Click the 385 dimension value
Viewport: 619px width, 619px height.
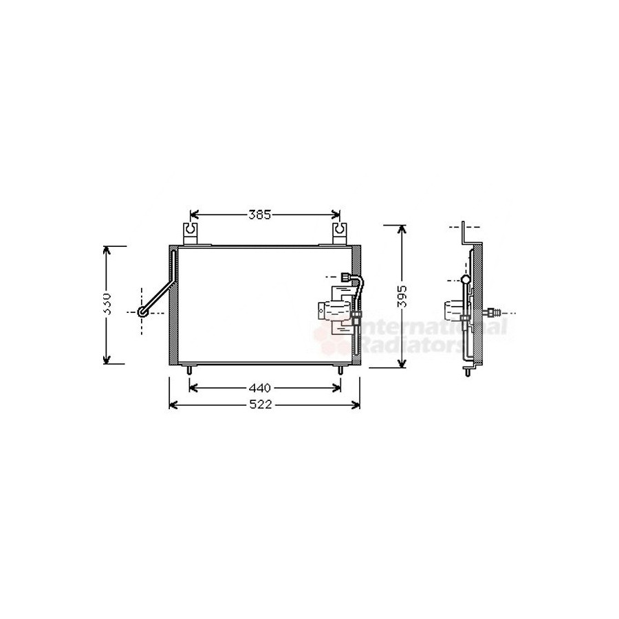[260, 215]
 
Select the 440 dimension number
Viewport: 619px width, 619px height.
[260, 388]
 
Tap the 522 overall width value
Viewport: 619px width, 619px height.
[261, 404]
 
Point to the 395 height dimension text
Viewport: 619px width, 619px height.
[402, 296]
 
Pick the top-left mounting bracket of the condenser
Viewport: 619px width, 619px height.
[191, 234]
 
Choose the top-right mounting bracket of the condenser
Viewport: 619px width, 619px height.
[340, 234]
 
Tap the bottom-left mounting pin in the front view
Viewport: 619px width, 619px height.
[190, 369]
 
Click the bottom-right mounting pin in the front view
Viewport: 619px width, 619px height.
[340, 369]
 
